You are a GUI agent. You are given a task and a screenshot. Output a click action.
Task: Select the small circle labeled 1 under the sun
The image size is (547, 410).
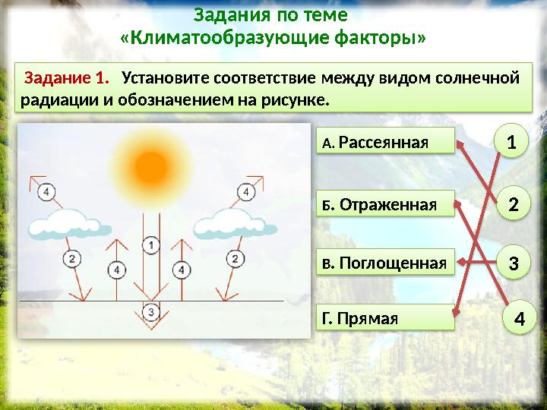point(151,244)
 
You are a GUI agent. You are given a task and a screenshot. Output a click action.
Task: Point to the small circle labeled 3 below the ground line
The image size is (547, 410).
point(151,311)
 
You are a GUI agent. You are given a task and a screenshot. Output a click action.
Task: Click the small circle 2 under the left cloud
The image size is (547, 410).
point(71,259)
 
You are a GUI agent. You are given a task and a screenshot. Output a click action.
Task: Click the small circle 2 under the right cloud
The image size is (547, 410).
point(236,259)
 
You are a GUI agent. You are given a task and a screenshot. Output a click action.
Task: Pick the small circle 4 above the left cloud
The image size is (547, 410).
point(47,192)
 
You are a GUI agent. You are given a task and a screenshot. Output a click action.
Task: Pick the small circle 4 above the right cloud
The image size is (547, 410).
point(246,193)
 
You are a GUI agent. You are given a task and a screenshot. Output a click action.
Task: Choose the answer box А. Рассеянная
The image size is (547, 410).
point(384,142)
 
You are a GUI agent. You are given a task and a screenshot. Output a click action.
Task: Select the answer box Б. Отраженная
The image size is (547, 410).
point(384,203)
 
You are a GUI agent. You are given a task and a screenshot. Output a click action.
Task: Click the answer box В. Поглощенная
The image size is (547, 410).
point(384,263)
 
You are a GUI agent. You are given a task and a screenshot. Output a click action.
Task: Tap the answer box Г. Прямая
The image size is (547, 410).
point(384,318)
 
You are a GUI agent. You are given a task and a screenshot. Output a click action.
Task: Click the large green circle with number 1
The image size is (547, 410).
point(511,142)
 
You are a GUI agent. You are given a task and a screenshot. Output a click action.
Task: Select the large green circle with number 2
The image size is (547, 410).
point(514,204)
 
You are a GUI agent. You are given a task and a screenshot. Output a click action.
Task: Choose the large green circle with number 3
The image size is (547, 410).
point(514,263)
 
